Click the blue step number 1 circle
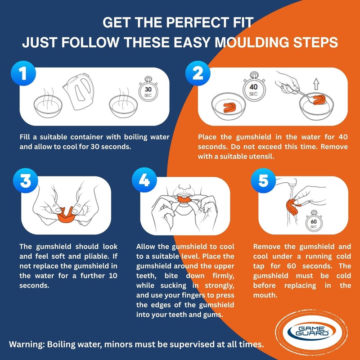[x=23, y=73]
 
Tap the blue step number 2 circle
[x=198, y=73]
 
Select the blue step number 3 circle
[x=26, y=180]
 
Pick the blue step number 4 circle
[x=144, y=180]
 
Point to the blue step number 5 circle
[x=263, y=180]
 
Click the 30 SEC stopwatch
[x=148, y=90]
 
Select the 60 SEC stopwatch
[x=313, y=221]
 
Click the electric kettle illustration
[x=79, y=91]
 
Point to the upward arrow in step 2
[x=316, y=84]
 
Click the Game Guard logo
[x=311, y=332]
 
